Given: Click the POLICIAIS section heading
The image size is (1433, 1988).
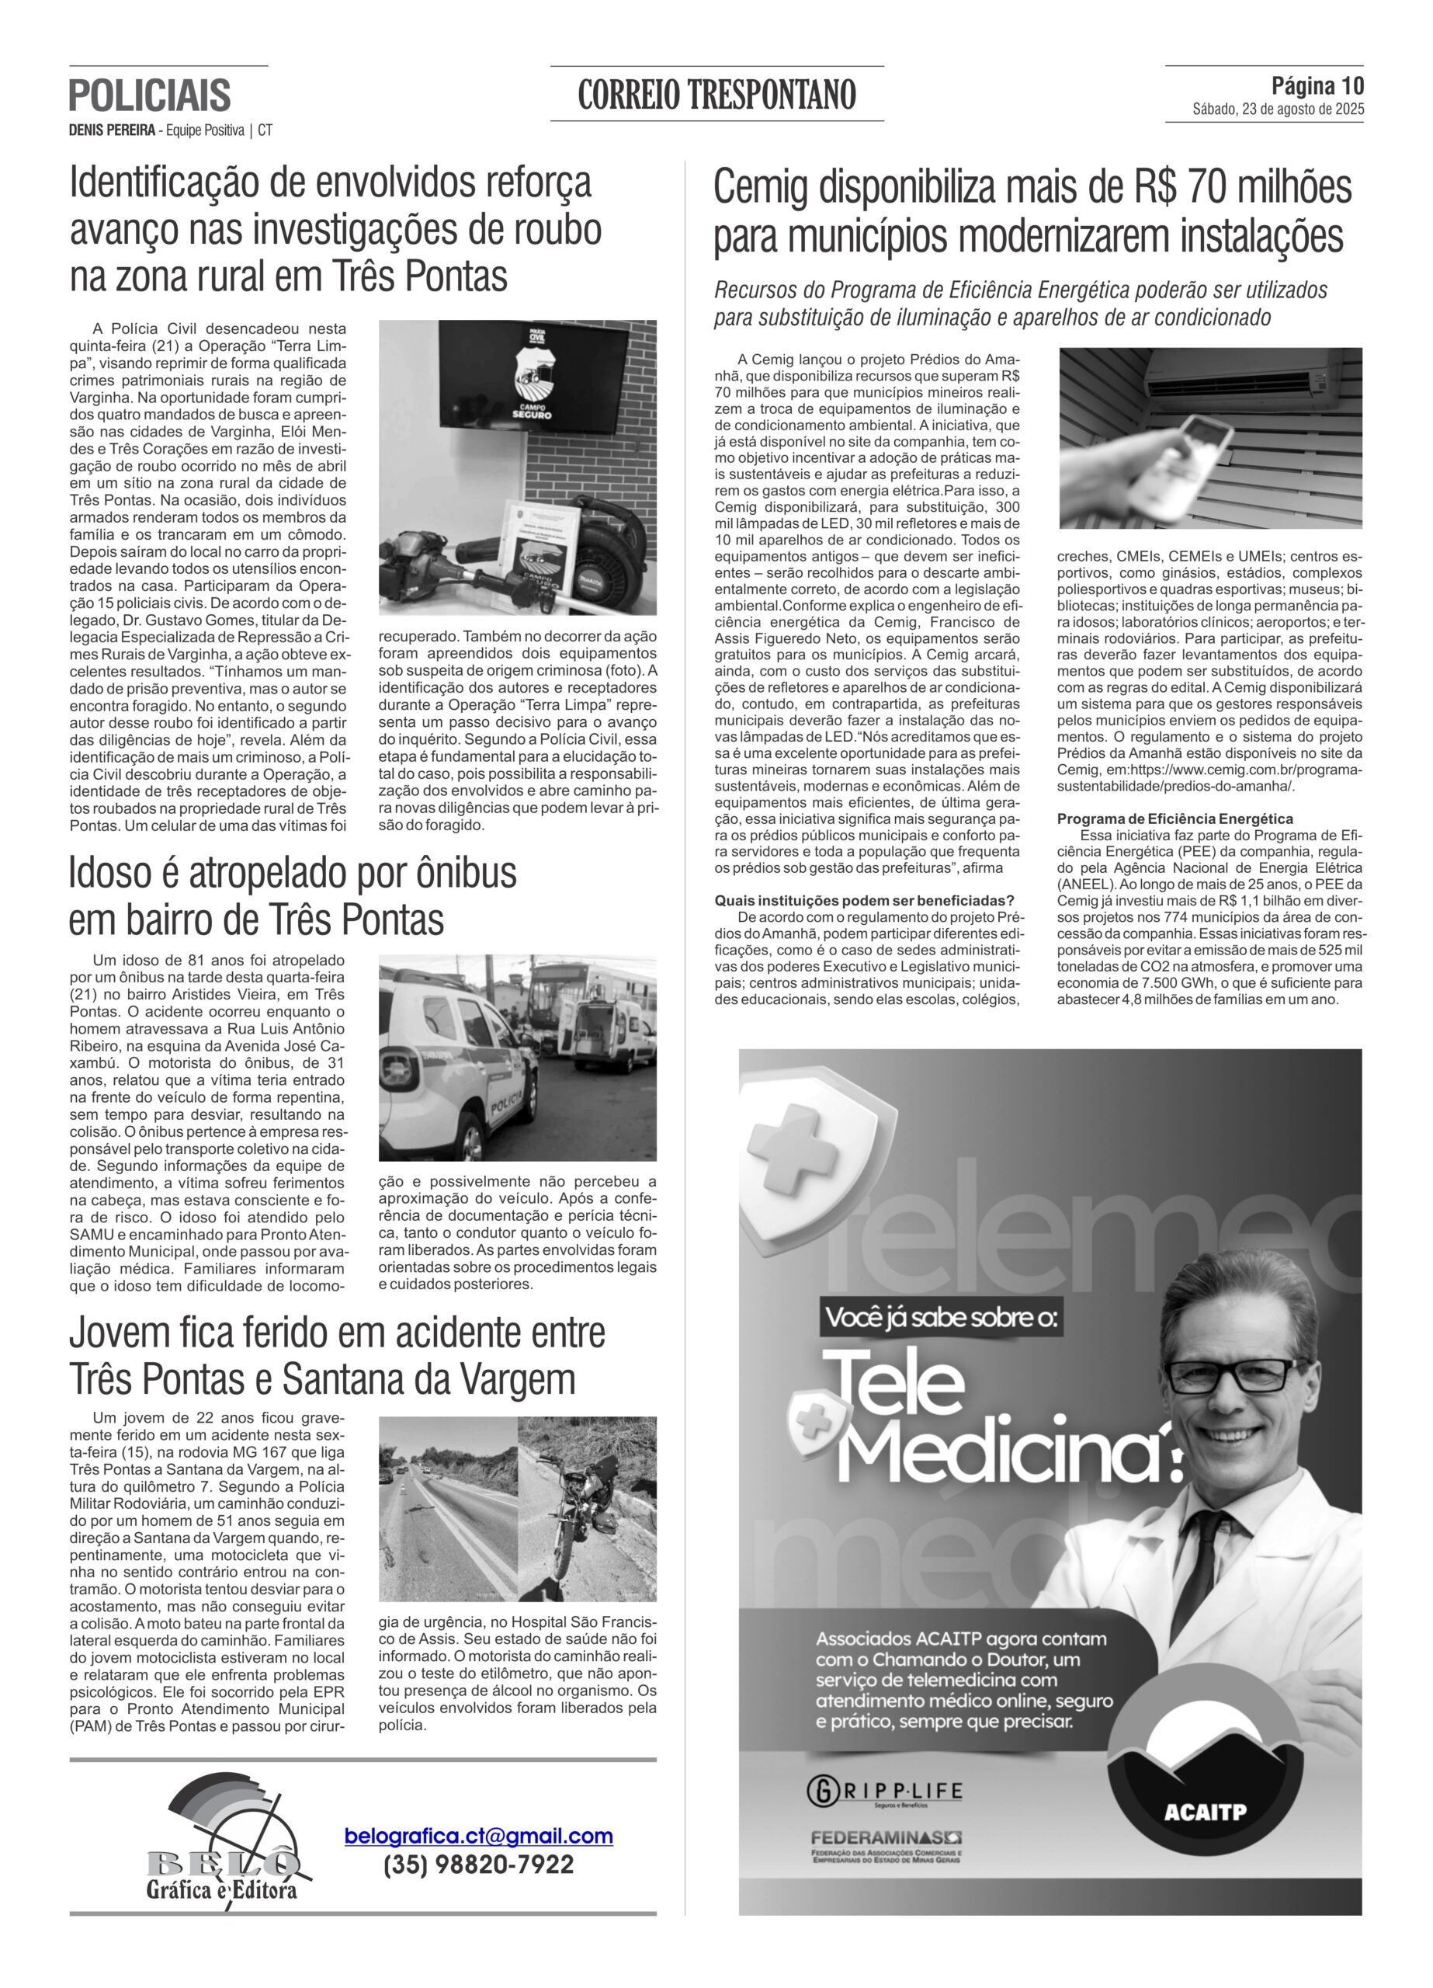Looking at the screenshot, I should (150, 95).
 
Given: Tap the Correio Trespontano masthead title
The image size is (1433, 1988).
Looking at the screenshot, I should (716, 94).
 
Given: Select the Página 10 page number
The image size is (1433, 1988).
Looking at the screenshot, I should (1317, 86).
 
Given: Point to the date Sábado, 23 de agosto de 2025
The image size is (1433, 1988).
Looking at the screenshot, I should (1277, 110).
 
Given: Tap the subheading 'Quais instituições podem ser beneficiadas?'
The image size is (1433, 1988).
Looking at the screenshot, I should (864, 900).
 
